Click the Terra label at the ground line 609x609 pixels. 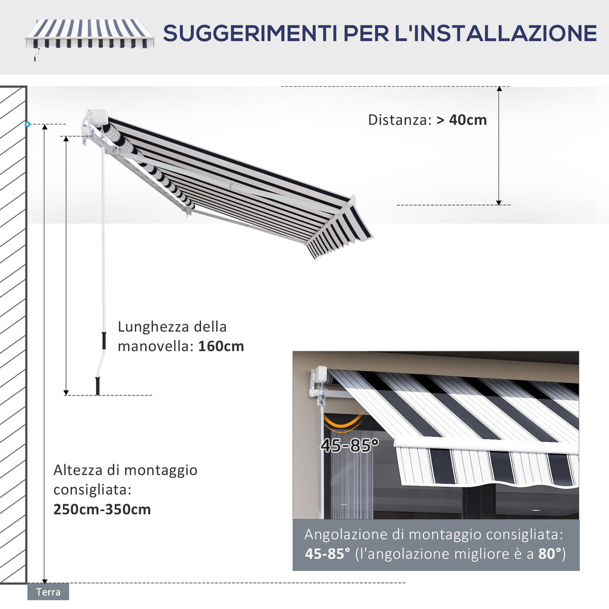pyautogui.click(x=48, y=592)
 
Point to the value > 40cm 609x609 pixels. pyautogui.click(x=462, y=120)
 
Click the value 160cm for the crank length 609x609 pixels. pyautogui.click(x=221, y=346)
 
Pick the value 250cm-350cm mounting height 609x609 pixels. pyautogui.click(x=102, y=510)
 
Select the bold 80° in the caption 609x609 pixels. pyautogui.click(x=550, y=554)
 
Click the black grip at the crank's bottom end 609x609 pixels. pyautogui.click(x=98, y=386)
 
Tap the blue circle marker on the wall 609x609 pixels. pyautogui.click(x=27, y=124)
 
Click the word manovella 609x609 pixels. pyautogui.click(x=155, y=346)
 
